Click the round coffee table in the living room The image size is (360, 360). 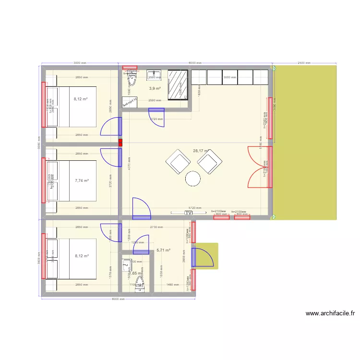click(193, 179)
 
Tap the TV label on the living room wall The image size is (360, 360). click(188, 213)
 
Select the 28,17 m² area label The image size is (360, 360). click(201, 151)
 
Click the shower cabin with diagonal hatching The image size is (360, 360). click(177, 85)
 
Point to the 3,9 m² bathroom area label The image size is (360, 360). click(155, 88)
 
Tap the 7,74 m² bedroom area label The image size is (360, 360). click(82, 181)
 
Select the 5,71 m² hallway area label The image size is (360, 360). click(164, 250)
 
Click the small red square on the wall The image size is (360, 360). click(120, 143)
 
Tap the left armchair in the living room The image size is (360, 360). click(177, 161)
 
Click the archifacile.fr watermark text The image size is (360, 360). click(330, 313)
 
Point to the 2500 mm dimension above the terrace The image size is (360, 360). click(304, 63)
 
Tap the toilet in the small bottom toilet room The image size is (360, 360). click(140, 286)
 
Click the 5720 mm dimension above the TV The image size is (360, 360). click(194, 208)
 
